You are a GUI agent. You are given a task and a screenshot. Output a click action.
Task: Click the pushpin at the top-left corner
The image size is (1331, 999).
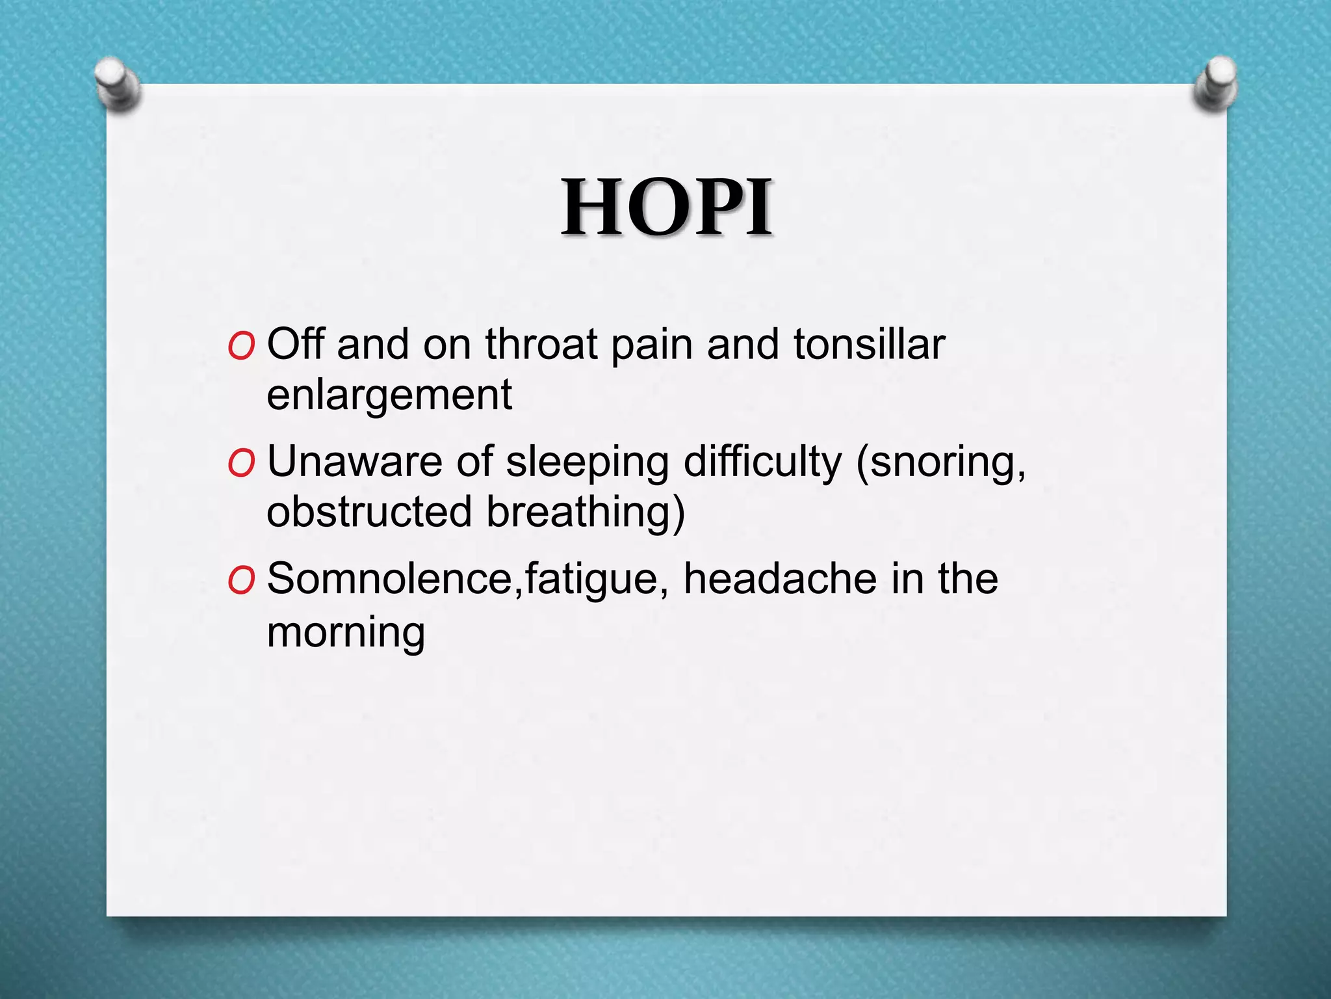tap(118, 85)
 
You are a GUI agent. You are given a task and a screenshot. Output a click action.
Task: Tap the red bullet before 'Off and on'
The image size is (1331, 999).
tap(241, 347)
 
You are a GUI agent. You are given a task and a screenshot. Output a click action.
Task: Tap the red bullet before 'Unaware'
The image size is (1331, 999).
tap(241, 464)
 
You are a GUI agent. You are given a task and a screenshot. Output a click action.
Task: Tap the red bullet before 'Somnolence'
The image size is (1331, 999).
tap(241, 581)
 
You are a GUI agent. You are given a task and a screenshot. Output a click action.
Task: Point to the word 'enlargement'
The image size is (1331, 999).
tap(389, 395)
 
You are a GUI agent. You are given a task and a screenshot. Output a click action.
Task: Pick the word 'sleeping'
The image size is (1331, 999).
tap(587, 463)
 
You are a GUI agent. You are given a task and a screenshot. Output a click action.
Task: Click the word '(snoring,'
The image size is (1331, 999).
tap(940, 463)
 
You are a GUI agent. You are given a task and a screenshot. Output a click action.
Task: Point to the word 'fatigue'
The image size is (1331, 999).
tap(590, 580)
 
